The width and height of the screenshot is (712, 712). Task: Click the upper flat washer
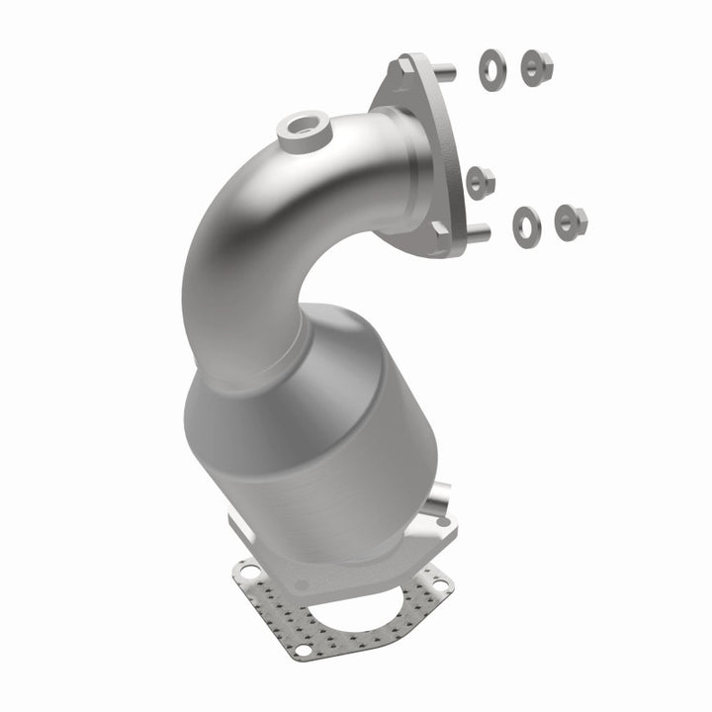tap(489, 67)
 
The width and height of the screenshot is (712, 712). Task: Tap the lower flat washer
tap(525, 224)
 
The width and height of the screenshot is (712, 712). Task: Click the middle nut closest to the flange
tap(482, 180)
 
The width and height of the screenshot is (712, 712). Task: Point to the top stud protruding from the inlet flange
tap(443, 71)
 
